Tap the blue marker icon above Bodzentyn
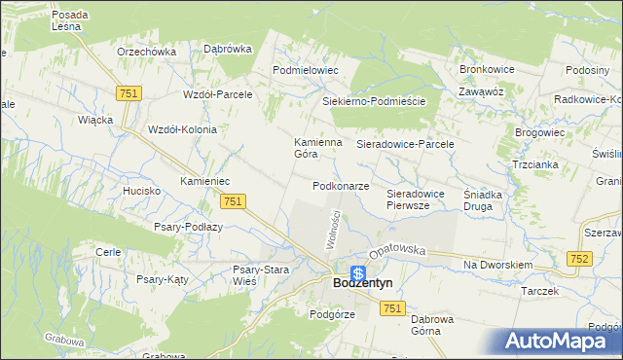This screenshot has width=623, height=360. (358, 273)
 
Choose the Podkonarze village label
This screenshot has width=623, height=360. (341, 186)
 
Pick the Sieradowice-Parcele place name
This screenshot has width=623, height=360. (406, 143)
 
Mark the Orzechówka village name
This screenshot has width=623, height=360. (145, 52)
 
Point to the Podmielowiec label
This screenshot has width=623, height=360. (305, 70)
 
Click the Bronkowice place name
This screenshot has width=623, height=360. (486, 71)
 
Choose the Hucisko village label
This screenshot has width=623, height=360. (142, 192)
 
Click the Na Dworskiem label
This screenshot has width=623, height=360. (497, 265)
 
